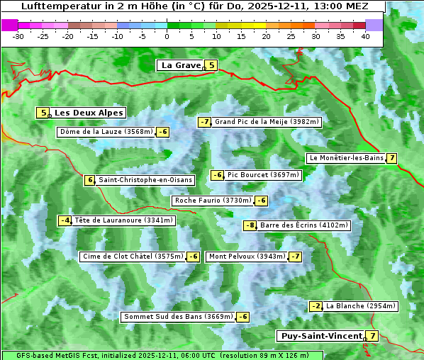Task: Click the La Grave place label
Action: (x=181, y=65)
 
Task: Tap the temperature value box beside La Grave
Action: (x=211, y=65)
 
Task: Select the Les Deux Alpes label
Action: (x=89, y=113)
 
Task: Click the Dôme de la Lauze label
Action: (x=106, y=132)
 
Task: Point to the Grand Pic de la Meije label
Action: (x=267, y=122)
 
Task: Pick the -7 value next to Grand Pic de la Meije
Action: (x=204, y=122)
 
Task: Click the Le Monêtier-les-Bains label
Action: (x=346, y=157)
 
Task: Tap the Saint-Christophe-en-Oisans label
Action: (x=145, y=180)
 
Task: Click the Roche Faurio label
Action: (x=213, y=201)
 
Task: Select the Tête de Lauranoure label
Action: (x=123, y=220)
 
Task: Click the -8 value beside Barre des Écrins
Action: (x=250, y=225)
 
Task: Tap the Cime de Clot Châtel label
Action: (x=133, y=257)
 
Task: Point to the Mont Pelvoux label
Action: (x=247, y=257)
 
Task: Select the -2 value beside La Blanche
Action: (x=316, y=306)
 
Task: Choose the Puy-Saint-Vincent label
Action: (x=320, y=336)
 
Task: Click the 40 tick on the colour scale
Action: (x=365, y=35)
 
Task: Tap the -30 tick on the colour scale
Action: (x=19, y=35)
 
